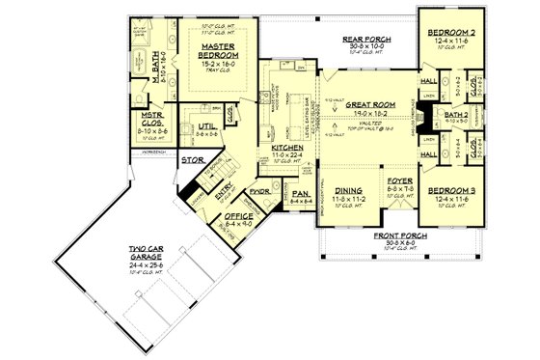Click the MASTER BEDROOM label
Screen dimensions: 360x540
pos(219,51)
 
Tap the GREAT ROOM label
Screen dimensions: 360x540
pos(363,103)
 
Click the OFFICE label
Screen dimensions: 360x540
pos(238,217)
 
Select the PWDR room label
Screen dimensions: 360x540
pos(258,191)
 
